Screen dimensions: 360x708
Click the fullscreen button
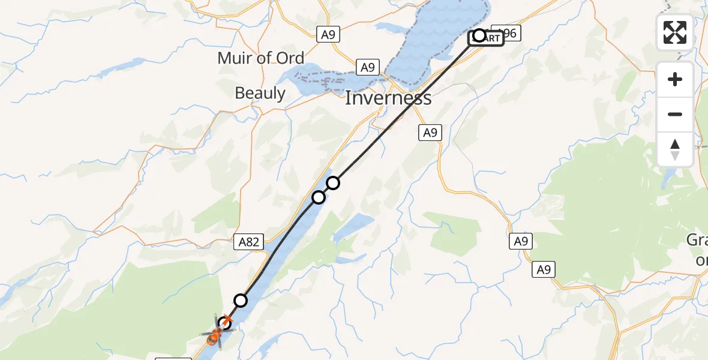pyautogui.click(x=675, y=32)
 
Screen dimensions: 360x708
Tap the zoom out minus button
pyautogui.click(x=675, y=114)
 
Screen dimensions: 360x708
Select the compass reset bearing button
pyautogui.click(x=675, y=149)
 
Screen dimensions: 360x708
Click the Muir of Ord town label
pyautogui.click(x=261, y=58)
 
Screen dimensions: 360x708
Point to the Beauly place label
pyautogui.click(x=260, y=93)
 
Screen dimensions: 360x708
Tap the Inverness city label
pyautogui.click(x=388, y=98)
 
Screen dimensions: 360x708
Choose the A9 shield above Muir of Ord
pyautogui.click(x=328, y=35)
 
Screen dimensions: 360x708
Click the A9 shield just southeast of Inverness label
pyautogui.click(x=430, y=133)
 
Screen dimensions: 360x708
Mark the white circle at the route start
pyautogui.click(x=479, y=35)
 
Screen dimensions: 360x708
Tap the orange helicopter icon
pyautogui.click(x=215, y=337)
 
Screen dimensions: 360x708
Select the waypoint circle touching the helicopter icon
pyautogui.click(x=225, y=323)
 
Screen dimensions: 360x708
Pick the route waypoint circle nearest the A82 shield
pyautogui.click(x=241, y=300)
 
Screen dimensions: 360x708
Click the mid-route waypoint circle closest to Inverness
pyautogui.click(x=333, y=182)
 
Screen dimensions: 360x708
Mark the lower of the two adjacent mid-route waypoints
pyautogui.click(x=319, y=197)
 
